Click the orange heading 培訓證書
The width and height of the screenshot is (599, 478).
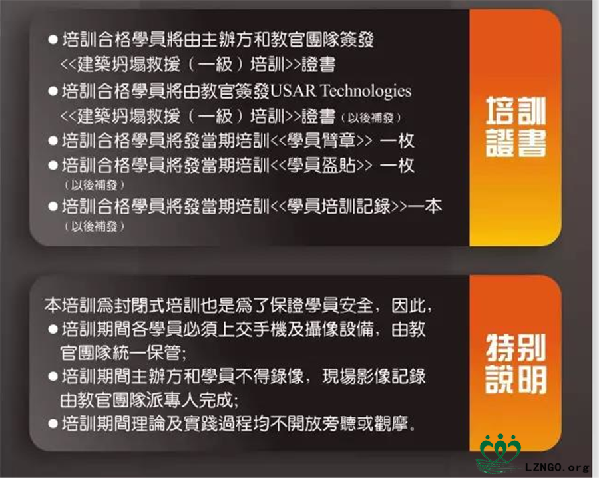pos(516,127)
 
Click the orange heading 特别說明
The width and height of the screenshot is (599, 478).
pos(516,363)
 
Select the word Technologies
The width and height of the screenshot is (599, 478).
pos(366,92)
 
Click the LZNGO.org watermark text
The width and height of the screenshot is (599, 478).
pos(557,467)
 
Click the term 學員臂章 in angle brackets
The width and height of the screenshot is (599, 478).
pos(321,141)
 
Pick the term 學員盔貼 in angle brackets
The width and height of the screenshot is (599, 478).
pos(321,166)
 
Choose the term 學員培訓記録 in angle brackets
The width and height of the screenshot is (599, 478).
pos(339,206)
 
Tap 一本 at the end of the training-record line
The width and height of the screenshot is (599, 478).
pos(425,206)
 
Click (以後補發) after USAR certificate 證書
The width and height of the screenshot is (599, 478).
pos(371,118)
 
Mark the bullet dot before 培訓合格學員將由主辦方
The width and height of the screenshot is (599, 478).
pos(53,40)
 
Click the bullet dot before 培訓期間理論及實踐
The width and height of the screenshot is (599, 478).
pos(53,423)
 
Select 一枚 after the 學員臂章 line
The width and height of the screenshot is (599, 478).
pos(397,141)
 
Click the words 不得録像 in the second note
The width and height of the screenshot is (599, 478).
pos(270,377)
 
